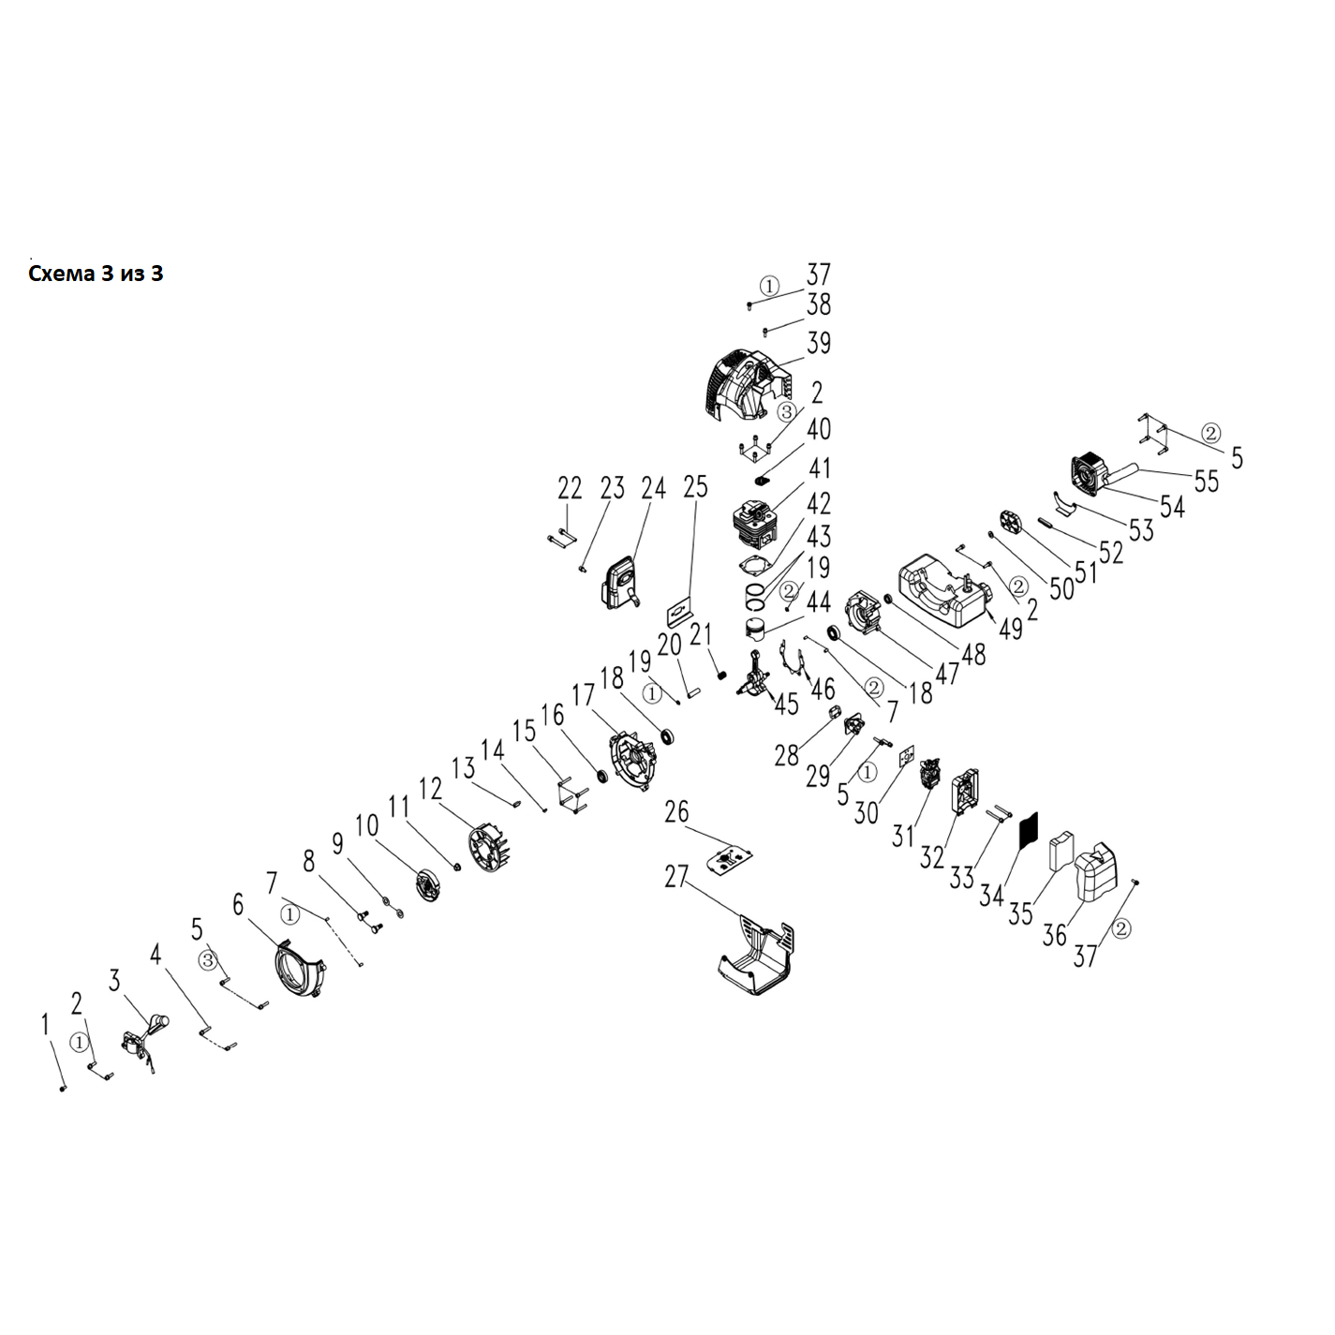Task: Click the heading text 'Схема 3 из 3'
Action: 96,274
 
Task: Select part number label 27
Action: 675,877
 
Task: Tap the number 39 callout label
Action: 818,343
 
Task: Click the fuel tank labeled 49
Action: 942,590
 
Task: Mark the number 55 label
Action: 1206,481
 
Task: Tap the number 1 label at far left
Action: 44,1026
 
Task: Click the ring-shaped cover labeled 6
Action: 299,968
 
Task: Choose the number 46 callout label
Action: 822,691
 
